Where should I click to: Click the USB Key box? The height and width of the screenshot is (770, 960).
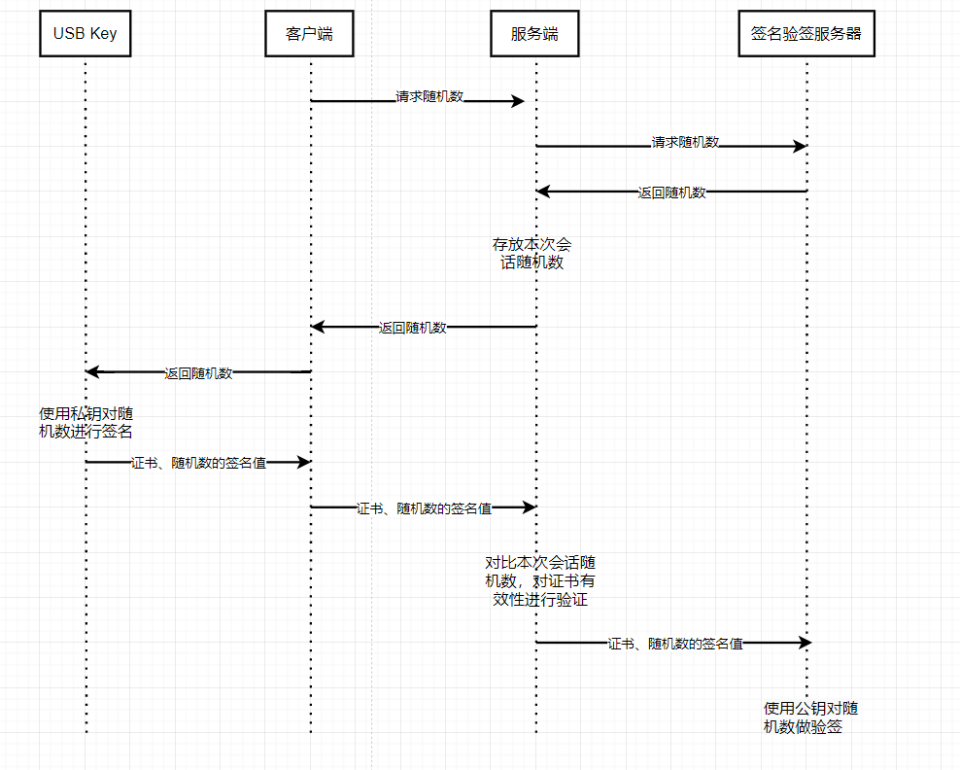pyautogui.click(x=86, y=34)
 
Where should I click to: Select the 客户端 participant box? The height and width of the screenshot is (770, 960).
pyautogui.click(x=310, y=34)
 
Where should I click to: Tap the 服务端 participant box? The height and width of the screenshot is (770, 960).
pyautogui.click(x=535, y=34)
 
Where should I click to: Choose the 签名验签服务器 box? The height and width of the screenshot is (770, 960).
pyautogui.click(x=806, y=34)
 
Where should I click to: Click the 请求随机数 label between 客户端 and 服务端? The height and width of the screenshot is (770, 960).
pyautogui.click(x=429, y=97)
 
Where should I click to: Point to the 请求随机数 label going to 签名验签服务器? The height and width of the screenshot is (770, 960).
pyautogui.click(x=685, y=142)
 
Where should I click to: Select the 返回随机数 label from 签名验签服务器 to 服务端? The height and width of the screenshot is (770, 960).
pyautogui.click(x=671, y=192)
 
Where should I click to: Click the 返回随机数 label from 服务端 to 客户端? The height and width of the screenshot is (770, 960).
pyautogui.click(x=412, y=328)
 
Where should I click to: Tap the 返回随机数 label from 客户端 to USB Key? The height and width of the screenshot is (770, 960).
pyautogui.click(x=198, y=372)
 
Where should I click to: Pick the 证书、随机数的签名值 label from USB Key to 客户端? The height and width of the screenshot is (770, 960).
pyautogui.click(x=198, y=463)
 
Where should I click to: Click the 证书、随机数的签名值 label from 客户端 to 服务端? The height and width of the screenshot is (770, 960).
pyautogui.click(x=424, y=507)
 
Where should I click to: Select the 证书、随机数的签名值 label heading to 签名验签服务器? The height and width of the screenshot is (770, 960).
pyautogui.click(x=675, y=643)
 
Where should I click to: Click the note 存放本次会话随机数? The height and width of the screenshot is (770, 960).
pyautogui.click(x=531, y=253)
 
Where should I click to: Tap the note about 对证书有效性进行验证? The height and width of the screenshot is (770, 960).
pyautogui.click(x=540, y=580)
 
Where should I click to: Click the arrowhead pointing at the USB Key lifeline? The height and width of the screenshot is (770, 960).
pyautogui.click(x=92, y=371)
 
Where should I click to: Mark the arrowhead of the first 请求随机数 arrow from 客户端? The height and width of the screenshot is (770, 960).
pyautogui.click(x=518, y=101)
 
